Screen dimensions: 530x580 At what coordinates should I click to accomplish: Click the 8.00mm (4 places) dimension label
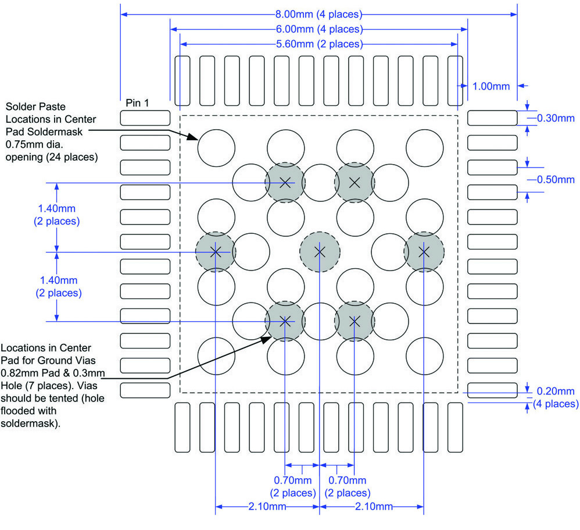319,14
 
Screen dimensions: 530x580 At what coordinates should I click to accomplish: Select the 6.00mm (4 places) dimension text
319,29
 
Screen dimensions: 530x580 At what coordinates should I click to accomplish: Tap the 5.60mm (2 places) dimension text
319,44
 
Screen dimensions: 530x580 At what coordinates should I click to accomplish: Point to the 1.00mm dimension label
491,86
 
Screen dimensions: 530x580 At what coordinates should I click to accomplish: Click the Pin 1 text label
138,103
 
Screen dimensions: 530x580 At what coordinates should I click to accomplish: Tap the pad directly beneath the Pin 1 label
145,118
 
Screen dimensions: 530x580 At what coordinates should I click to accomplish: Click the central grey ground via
319,252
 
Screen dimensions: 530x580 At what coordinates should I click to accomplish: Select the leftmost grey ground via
215,252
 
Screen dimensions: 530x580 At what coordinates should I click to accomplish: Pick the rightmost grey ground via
424,252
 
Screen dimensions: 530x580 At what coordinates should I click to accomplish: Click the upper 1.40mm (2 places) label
57,215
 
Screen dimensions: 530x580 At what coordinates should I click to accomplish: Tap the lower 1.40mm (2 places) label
57,286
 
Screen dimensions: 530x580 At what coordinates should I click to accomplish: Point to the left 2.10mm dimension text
267,507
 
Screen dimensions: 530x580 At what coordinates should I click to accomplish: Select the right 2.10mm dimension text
373,507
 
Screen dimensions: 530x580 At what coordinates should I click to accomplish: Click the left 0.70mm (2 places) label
293,486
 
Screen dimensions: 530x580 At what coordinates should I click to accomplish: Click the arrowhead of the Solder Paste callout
195,138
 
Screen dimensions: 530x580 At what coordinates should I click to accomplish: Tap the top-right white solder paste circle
424,147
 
